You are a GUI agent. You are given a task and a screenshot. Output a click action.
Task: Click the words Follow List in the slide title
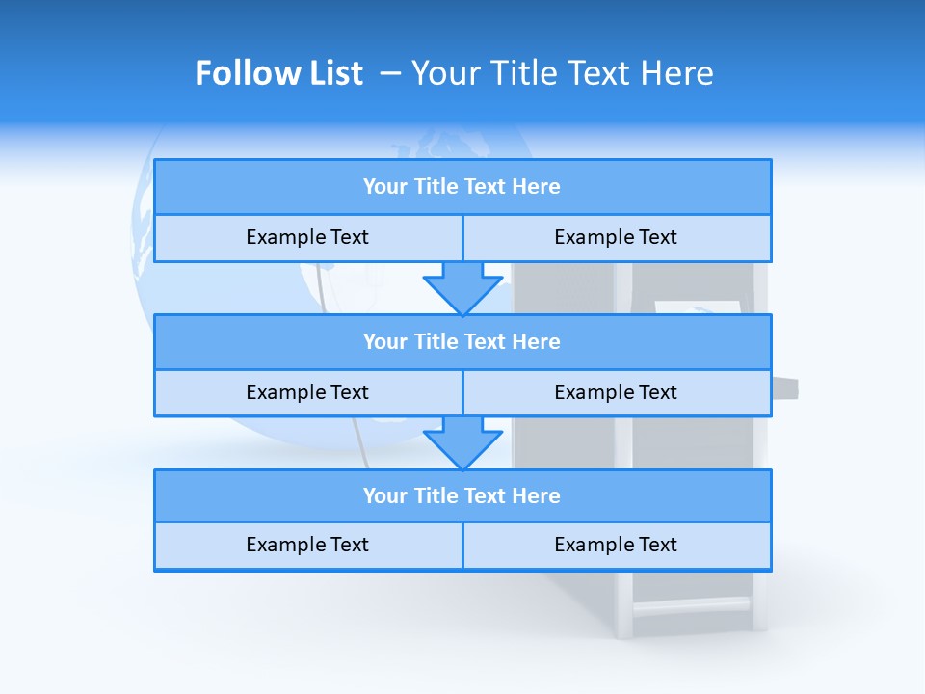point(278,73)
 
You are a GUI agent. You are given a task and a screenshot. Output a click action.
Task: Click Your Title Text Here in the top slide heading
point(562,73)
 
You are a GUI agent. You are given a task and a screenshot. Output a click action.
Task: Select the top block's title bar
point(462,187)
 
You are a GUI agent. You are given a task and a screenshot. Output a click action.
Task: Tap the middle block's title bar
point(462,342)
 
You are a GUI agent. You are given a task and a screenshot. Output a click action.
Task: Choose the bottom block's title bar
point(462,496)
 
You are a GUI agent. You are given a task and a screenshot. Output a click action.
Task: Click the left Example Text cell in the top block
point(307,237)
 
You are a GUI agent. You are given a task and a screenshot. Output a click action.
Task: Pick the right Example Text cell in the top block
point(616,237)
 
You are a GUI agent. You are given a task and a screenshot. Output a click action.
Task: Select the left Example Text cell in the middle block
point(307,392)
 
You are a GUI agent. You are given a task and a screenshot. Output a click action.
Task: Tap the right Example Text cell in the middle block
point(616,392)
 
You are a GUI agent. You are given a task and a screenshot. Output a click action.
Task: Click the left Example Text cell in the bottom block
point(307,545)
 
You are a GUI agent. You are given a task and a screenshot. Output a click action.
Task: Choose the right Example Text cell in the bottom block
point(616,545)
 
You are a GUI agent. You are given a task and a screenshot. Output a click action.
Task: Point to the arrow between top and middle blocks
point(462,287)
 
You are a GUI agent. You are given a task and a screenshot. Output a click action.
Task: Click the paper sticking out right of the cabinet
point(785,388)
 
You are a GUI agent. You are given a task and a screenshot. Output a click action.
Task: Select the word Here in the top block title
point(536,187)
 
